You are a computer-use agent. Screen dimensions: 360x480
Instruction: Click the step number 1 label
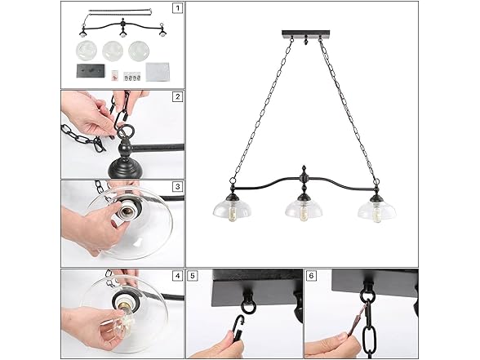pos(176,9)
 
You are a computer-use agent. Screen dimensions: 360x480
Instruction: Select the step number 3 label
pos(176,186)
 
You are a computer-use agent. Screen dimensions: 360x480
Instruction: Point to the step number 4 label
pos(176,275)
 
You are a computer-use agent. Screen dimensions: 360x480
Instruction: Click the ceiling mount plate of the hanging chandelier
pos(302,34)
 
